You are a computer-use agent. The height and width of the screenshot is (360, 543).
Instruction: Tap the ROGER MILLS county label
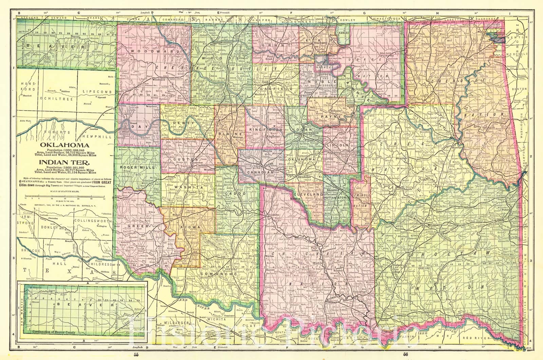[139, 167]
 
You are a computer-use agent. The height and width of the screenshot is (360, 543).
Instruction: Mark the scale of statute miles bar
[63, 196]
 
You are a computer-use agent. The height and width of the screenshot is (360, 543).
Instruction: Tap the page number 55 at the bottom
[136, 355]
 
